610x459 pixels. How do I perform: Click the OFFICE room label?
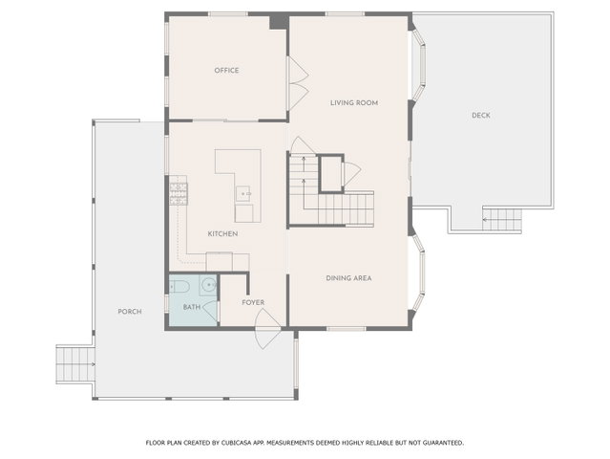point(226,71)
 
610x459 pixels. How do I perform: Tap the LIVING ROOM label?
point(354,103)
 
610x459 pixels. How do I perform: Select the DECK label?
point(481,116)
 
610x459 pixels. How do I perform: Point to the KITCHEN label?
point(222,233)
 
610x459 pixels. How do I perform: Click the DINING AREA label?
point(348,278)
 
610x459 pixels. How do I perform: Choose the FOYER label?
point(253,302)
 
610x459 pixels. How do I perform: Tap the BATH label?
point(192,307)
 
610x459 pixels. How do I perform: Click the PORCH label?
point(130,312)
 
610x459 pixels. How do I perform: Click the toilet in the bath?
point(179,287)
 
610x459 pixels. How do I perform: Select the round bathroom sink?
point(209,285)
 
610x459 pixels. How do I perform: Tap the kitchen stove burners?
point(179,194)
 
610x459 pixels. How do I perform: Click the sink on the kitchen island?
point(243,194)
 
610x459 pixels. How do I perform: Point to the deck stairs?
point(502,220)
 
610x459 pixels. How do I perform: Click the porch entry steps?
point(75,364)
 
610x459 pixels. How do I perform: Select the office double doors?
point(298,83)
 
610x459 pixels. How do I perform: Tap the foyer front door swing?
point(267,328)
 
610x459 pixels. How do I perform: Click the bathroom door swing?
point(210,311)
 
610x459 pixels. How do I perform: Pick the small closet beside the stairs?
point(331,174)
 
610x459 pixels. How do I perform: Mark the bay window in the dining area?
point(418,273)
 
